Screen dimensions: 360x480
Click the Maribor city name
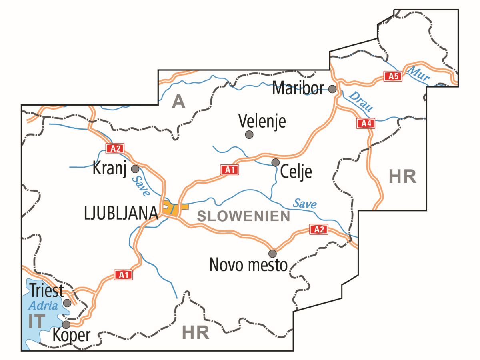point(298,88)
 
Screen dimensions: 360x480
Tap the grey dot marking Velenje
point(249,134)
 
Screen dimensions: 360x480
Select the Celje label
point(296,172)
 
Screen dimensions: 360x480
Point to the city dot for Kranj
point(135,168)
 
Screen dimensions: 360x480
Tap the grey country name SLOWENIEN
point(244,216)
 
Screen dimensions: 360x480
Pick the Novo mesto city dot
point(272,253)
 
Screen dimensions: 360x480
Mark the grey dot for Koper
point(66,324)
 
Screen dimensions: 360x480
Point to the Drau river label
point(361,101)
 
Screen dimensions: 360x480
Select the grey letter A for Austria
point(178,102)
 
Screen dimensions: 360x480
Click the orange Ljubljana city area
point(174,209)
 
